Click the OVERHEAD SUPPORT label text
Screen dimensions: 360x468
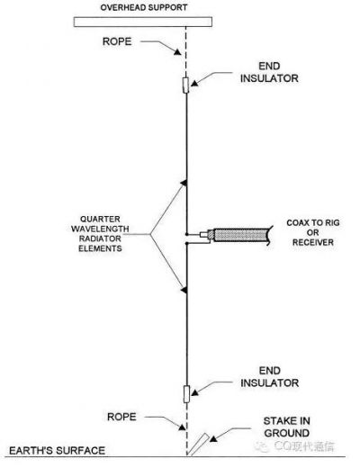[144, 7]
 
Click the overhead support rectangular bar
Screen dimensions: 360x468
[143, 22]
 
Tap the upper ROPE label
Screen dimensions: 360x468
[117, 41]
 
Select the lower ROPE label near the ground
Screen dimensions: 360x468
[121, 417]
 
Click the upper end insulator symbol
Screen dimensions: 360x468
[186, 85]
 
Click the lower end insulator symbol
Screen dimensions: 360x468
[186, 394]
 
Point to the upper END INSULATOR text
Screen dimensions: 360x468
[269, 72]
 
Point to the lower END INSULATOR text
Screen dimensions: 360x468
[269, 377]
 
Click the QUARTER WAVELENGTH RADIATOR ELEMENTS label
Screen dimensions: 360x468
[100, 234]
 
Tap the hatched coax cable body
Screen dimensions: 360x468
[241, 235]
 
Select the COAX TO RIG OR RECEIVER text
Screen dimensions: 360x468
[313, 232]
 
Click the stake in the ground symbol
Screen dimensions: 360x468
[198, 445]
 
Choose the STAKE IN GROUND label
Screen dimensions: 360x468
[286, 427]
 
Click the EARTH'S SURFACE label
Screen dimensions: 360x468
[57, 451]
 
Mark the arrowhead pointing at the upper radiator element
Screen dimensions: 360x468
[184, 183]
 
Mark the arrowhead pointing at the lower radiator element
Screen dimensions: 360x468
[184, 290]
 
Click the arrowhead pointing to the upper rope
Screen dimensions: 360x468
[177, 52]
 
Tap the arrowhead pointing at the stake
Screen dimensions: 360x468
[213, 438]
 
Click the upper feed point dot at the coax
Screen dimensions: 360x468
[186, 234]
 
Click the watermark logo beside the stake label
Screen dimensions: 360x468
[262, 447]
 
